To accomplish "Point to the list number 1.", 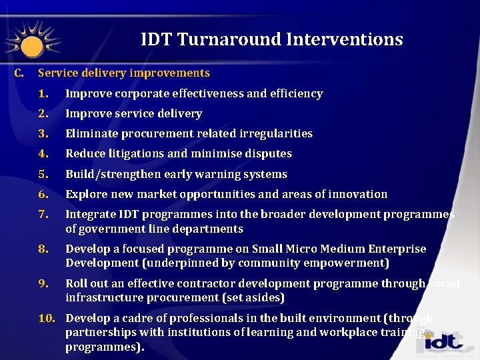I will [43, 94].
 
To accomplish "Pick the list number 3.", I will [43, 134].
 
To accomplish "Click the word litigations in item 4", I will [133, 154].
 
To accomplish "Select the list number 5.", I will [43, 175].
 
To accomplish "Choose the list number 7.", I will [43, 215].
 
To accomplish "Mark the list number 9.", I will [43, 283].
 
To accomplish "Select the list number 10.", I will [46, 318].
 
